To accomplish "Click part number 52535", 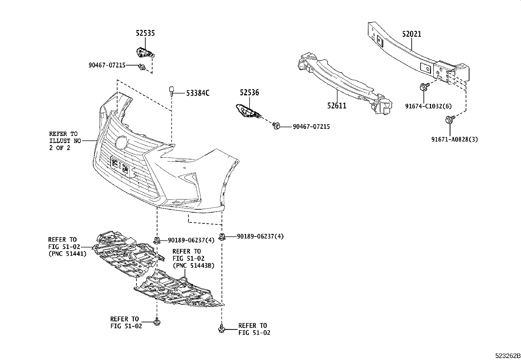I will pyautogui.click(x=145, y=33).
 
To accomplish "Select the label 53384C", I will pyautogui.click(x=198, y=93).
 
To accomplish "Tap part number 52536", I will pyautogui.click(x=249, y=93).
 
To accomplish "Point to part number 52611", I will pyautogui.click(x=336, y=105).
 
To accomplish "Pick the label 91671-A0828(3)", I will pyautogui.click(x=454, y=139).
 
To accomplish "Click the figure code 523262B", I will pyautogui.click(x=507, y=356).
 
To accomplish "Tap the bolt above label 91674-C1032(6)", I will pyautogui.click(x=423, y=87).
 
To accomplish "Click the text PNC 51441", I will pyautogui.click(x=68, y=254).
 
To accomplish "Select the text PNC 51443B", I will pyautogui.click(x=193, y=265).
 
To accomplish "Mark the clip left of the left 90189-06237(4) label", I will pyautogui.click(x=157, y=240).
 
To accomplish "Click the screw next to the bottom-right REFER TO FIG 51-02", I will pyautogui.click(x=222, y=329).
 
